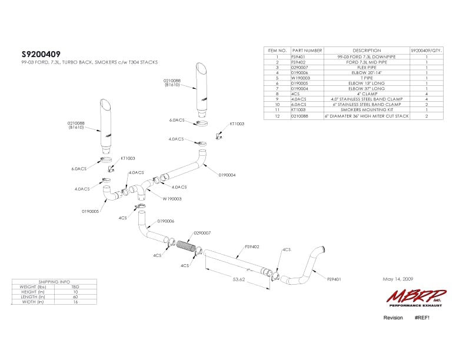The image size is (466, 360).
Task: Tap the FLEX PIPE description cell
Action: pyautogui.click(x=367, y=66)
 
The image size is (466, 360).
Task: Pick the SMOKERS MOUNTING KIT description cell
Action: pyautogui.click(x=367, y=109)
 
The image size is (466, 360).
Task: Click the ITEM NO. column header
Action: pyautogui.click(x=277, y=51)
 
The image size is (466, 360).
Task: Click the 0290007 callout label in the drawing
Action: pyautogui.click(x=202, y=232)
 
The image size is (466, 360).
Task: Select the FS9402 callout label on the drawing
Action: pyautogui.click(x=252, y=248)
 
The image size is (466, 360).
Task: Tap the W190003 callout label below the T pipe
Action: pyautogui.click(x=172, y=199)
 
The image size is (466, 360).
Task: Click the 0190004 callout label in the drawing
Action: pyautogui.click(x=227, y=175)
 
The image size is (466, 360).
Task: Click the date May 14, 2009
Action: pyautogui.click(x=398, y=279)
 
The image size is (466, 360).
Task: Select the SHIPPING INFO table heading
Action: pyautogui.click(x=54, y=282)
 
